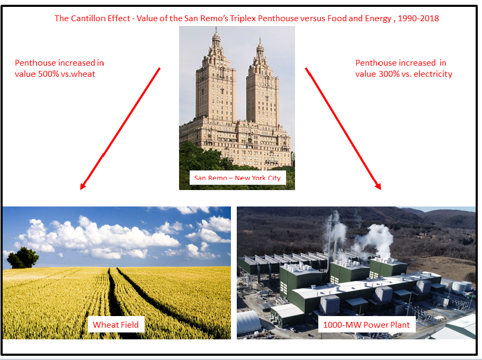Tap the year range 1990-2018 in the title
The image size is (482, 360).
point(418,19)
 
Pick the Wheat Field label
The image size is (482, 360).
point(116,325)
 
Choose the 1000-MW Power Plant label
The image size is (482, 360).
point(367,325)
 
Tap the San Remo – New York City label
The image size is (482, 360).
point(237,177)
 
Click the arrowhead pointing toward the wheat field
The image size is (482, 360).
point(83,185)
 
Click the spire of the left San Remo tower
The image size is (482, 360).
point(217,34)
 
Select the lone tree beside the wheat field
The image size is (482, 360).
point(22,258)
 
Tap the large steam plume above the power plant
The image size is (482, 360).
point(378,238)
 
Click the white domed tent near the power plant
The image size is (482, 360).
point(248,322)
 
